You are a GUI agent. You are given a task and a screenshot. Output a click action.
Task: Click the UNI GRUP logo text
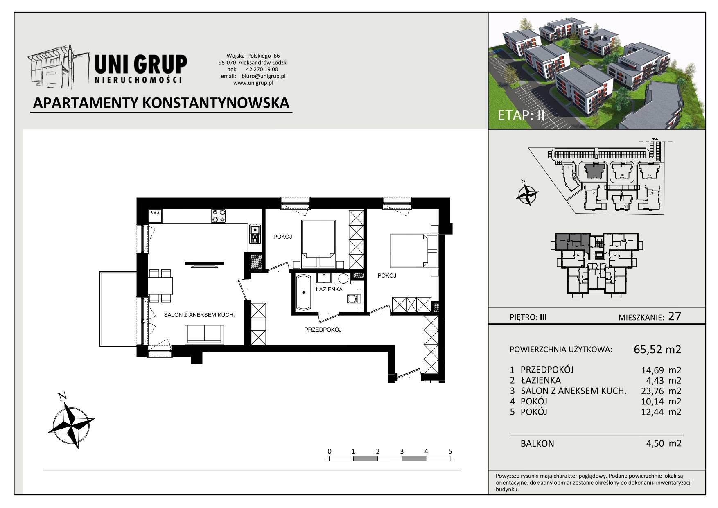(x=141, y=65)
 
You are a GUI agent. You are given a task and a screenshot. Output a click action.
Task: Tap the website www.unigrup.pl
(x=253, y=83)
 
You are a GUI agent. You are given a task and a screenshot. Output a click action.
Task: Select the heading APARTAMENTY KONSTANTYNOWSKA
(x=161, y=103)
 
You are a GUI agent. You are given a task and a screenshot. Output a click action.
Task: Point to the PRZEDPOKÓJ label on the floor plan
(x=323, y=330)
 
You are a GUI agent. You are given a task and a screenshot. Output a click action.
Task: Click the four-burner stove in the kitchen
(x=219, y=216)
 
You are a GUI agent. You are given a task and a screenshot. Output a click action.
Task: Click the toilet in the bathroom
(x=353, y=300)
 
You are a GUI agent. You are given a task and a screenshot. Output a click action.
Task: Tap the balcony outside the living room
(x=118, y=309)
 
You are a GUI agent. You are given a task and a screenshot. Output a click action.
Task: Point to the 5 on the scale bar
(x=450, y=451)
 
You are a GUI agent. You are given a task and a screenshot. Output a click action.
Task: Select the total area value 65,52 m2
(x=657, y=350)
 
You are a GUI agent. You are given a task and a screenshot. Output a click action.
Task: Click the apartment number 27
(x=674, y=316)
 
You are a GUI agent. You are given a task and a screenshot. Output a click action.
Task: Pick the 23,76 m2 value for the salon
(x=661, y=391)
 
